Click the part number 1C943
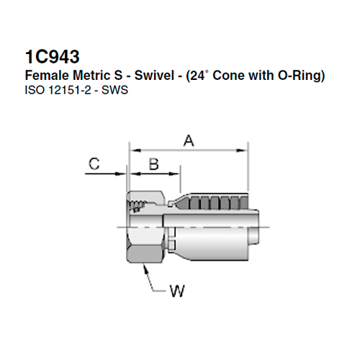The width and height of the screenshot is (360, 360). [x=52, y=55]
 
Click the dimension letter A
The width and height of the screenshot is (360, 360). [x=188, y=141]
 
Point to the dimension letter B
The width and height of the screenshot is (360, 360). [x=153, y=163]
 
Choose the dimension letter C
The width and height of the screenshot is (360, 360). [x=94, y=164]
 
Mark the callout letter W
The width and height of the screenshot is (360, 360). [x=176, y=292]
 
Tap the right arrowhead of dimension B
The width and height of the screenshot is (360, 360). [x=176, y=173]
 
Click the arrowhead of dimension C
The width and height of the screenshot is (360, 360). [x=123, y=173]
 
